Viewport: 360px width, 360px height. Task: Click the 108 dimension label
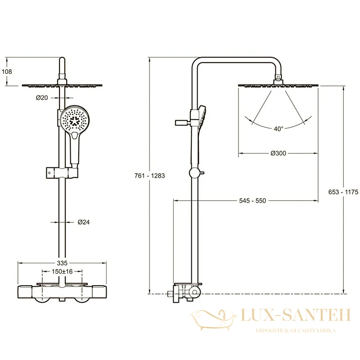tap(7, 72)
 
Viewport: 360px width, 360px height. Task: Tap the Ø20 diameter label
tap(42, 98)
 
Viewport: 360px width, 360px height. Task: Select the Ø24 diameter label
tap(84, 222)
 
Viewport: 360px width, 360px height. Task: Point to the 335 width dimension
tap(62, 263)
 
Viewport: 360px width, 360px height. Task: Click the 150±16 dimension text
tap(62, 272)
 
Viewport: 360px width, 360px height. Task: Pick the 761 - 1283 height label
tap(150, 175)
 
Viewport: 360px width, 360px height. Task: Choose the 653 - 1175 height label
tap(343, 192)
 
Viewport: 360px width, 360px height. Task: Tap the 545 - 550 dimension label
tap(252, 201)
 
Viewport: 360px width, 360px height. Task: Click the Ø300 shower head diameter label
tap(278, 153)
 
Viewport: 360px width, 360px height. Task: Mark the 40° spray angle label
tap(279, 129)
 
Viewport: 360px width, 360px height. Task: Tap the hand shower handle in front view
tap(75, 149)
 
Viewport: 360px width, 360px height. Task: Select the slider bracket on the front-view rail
tap(62, 173)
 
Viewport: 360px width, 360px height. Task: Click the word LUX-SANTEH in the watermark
tap(296, 315)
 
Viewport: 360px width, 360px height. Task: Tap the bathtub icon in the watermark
tap(213, 320)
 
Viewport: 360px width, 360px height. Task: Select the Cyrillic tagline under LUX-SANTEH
tap(296, 331)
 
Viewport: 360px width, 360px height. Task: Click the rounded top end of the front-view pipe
tap(62, 59)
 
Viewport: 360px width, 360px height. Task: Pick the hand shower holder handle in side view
tap(183, 122)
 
